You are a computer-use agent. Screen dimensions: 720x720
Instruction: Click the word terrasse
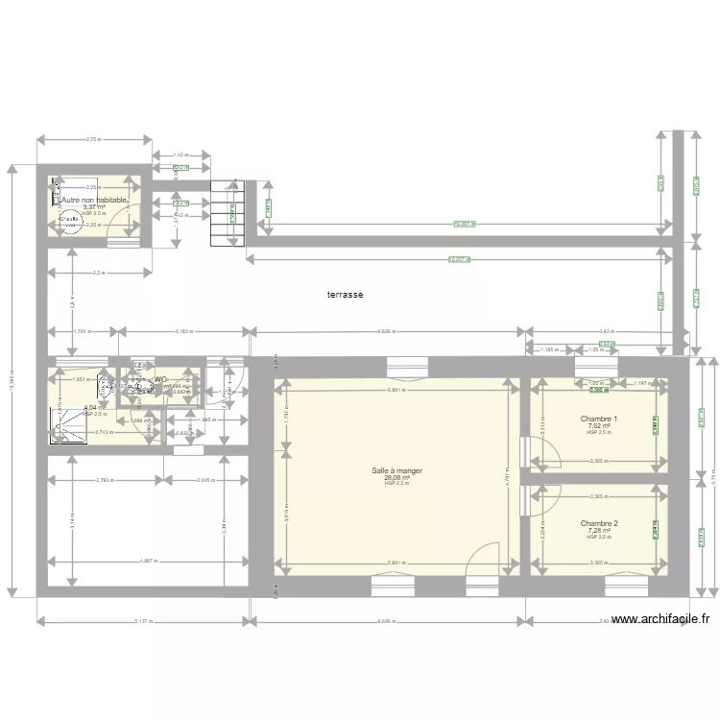pos(344,296)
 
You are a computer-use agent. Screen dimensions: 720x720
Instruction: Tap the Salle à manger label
pos(396,470)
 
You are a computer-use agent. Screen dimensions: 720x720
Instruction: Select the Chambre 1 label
pos(599,419)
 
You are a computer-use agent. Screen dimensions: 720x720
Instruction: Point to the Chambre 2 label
pos(599,523)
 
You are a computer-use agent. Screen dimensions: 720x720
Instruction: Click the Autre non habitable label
pos(94,200)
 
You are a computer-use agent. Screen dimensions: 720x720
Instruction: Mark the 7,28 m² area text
pos(599,530)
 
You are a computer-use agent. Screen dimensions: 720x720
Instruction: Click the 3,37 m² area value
pos(93,206)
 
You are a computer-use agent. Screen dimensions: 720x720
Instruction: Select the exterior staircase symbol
pos(224,212)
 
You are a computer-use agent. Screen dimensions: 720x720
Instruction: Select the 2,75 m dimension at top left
pos(93,140)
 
